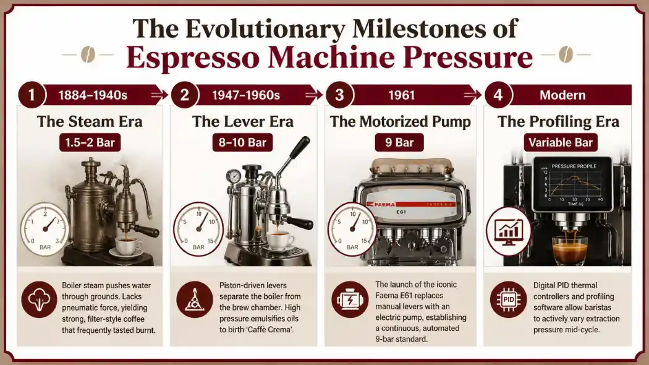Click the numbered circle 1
pos(32,95)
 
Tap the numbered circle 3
pos(340,95)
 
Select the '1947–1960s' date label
pos(246,95)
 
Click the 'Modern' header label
pos(562,95)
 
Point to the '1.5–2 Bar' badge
pos(90,142)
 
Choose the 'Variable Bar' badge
pos(561,142)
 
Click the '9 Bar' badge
pos(399,142)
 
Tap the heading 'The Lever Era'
pos(243,122)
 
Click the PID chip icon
pos(508,299)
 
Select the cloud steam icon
pos(40,299)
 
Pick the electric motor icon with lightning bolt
pos(350,299)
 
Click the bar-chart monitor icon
pos(508,230)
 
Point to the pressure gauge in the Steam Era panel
pos(45,229)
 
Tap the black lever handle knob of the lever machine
pos(300,147)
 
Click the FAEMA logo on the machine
pos(381,204)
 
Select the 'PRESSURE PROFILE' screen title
pos(574,166)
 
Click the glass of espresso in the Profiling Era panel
pos(570,250)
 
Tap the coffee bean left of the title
pos(88,54)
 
